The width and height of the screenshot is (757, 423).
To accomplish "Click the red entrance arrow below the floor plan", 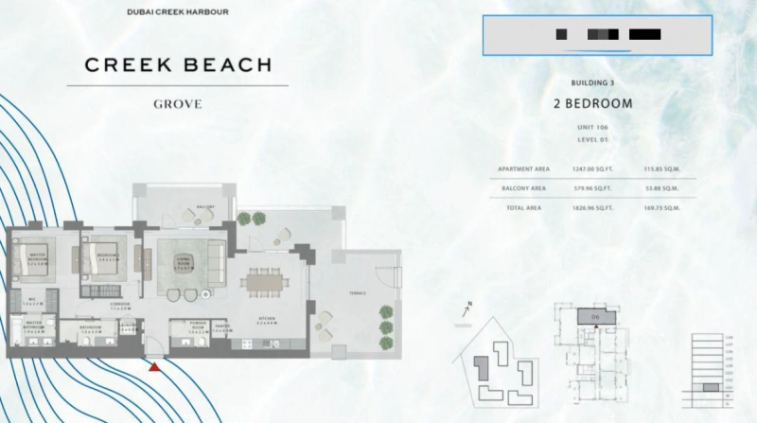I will pyautogui.click(x=153, y=365).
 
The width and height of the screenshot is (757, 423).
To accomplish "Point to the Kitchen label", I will pyautogui.click(x=265, y=321).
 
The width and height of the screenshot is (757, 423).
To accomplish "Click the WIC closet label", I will pyautogui.click(x=30, y=302).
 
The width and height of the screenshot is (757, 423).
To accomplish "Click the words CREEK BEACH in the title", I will pyautogui.click(x=178, y=65).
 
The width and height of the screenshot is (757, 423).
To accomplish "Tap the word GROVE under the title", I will pyautogui.click(x=177, y=104).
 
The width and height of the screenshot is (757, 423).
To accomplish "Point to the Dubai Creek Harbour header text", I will pyautogui.click(x=177, y=12).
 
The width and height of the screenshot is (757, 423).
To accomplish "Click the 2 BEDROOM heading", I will pyautogui.click(x=593, y=103).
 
